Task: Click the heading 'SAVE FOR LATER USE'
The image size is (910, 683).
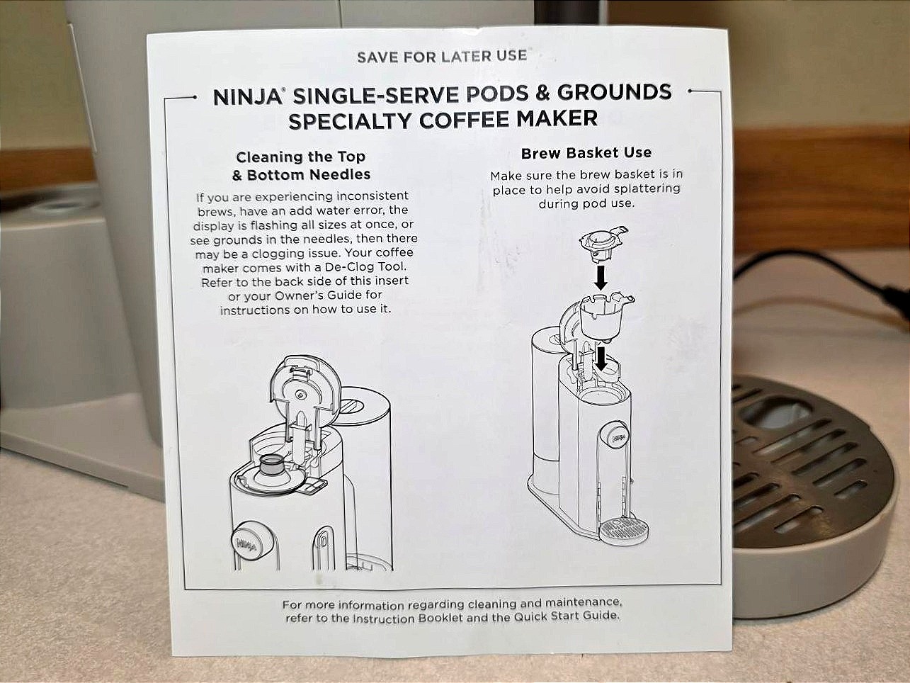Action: click(442, 57)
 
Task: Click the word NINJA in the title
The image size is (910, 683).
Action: click(246, 98)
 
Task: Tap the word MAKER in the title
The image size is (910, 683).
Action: click(557, 118)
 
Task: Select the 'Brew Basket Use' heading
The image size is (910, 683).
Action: click(586, 153)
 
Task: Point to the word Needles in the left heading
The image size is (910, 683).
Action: click(340, 174)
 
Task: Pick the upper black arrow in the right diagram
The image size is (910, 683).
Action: click(601, 278)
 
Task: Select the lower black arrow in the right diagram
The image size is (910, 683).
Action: click(601, 359)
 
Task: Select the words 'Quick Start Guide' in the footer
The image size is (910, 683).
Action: click(567, 616)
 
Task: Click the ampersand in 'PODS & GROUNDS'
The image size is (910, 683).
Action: click(542, 94)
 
